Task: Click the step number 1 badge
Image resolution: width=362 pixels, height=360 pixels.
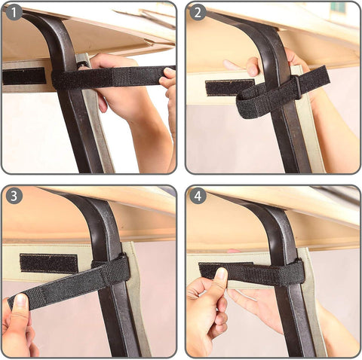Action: (14, 13)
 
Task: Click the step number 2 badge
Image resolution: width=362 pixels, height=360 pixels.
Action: (198, 13)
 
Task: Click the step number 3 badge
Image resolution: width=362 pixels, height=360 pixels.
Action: (14, 197)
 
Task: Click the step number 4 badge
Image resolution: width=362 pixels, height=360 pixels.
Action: (198, 197)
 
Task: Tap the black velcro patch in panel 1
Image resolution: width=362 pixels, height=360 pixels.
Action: (24, 76)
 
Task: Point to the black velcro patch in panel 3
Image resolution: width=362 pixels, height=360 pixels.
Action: (48, 263)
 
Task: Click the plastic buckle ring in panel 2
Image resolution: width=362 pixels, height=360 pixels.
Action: (298, 86)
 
